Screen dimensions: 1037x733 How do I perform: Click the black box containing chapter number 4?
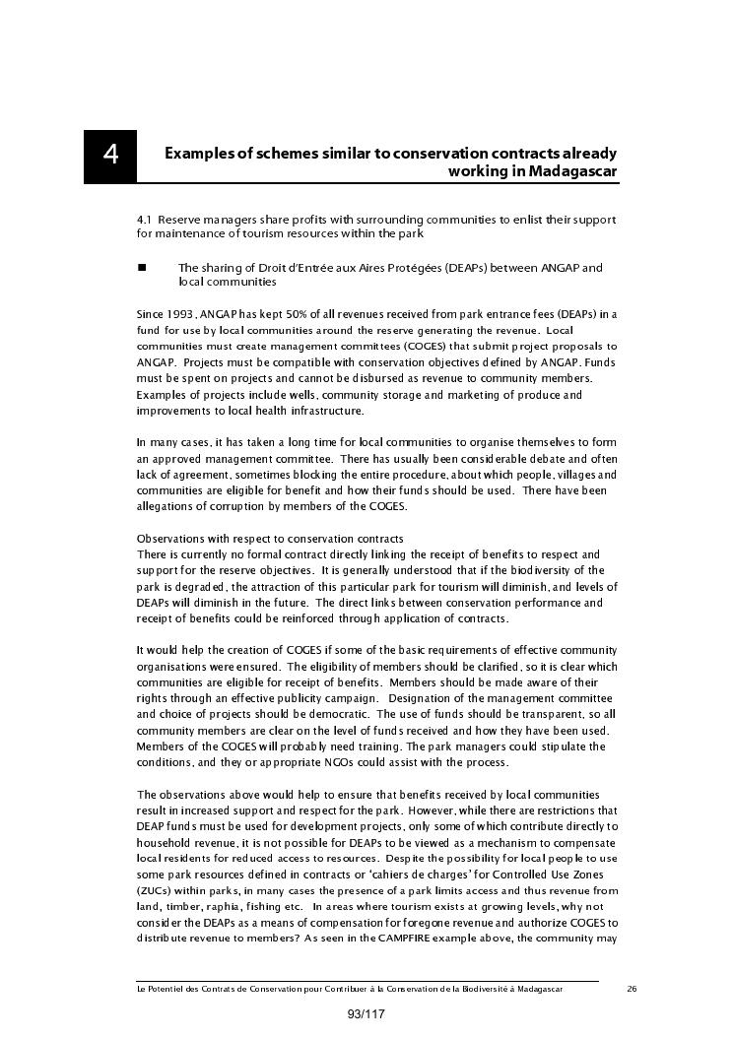109,156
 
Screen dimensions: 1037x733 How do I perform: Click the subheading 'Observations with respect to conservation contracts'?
270,539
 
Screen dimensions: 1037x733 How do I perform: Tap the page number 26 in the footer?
632,988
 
